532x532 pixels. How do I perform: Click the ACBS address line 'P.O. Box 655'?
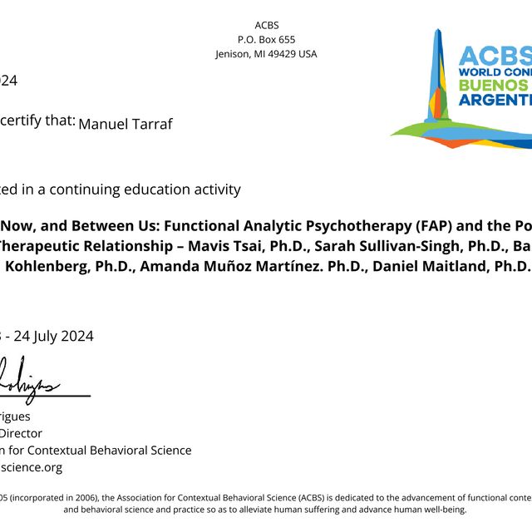coord(266,39)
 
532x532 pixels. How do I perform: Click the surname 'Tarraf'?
coord(151,124)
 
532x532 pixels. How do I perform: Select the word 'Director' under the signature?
coord(22,433)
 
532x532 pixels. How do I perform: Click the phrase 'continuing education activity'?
coord(145,189)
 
